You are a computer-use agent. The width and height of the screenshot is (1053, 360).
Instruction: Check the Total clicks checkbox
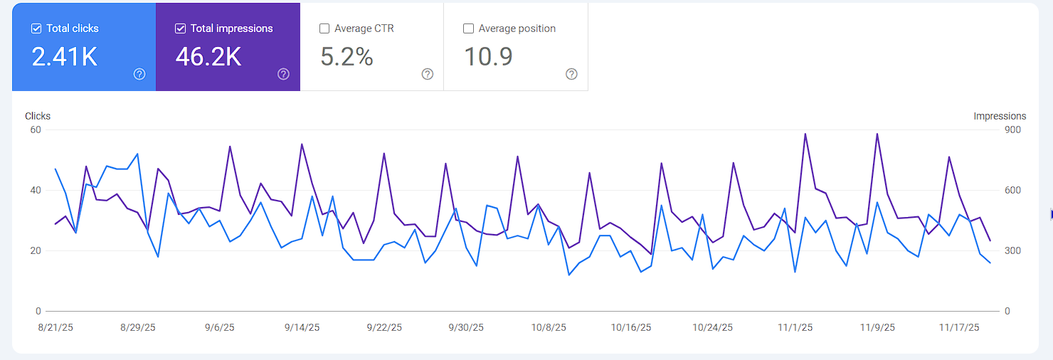36,29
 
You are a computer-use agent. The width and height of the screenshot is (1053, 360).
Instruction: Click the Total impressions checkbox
180,29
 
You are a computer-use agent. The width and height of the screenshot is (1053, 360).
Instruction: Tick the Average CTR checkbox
324,29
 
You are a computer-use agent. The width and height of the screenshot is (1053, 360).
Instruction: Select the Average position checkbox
468,29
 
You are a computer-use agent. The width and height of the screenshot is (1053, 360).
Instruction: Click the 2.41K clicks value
65,57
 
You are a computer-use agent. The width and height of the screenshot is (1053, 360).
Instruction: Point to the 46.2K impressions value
208,57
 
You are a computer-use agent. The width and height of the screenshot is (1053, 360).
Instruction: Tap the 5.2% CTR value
346,57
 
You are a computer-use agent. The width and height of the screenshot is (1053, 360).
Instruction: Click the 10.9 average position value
488,57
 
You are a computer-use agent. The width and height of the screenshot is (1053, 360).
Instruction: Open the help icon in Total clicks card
139,74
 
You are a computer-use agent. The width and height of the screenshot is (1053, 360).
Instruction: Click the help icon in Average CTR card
428,74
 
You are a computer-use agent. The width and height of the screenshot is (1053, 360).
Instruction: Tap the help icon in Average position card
571,74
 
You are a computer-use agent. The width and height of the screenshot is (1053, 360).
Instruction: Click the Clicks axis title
38,116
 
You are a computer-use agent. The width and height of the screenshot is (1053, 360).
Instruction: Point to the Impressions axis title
1000,116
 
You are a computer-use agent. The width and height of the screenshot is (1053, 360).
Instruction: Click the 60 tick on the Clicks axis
35,129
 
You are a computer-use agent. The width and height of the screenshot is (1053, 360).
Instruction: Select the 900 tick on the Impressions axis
1012,129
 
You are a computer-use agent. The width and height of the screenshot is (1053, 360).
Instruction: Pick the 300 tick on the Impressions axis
1012,250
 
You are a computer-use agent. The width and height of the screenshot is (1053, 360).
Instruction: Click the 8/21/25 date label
55,327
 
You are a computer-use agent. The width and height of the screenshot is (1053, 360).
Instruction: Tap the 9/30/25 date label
466,327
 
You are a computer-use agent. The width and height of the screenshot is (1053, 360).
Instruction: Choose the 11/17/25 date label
959,327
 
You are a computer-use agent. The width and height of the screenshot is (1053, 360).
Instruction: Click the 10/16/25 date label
631,327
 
